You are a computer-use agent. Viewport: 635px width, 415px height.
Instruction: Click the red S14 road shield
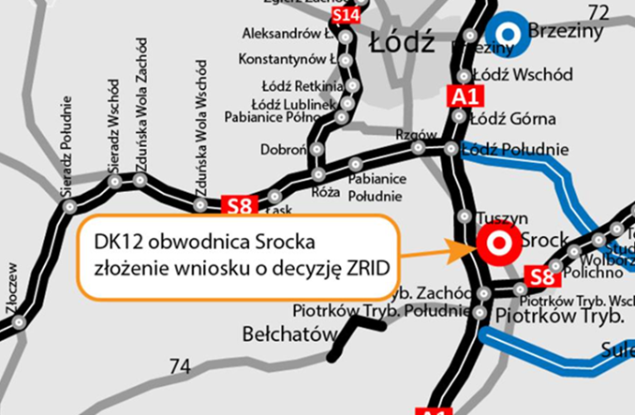pyautogui.click(x=346, y=16)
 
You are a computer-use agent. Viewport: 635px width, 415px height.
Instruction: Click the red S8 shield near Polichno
pyautogui.click(x=540, y=275)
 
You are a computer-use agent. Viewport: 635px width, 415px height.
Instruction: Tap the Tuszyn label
pyautogui.click(x=496, y=215)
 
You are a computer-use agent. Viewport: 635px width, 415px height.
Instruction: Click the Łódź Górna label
pyautogui.click(x=513, y=119)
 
